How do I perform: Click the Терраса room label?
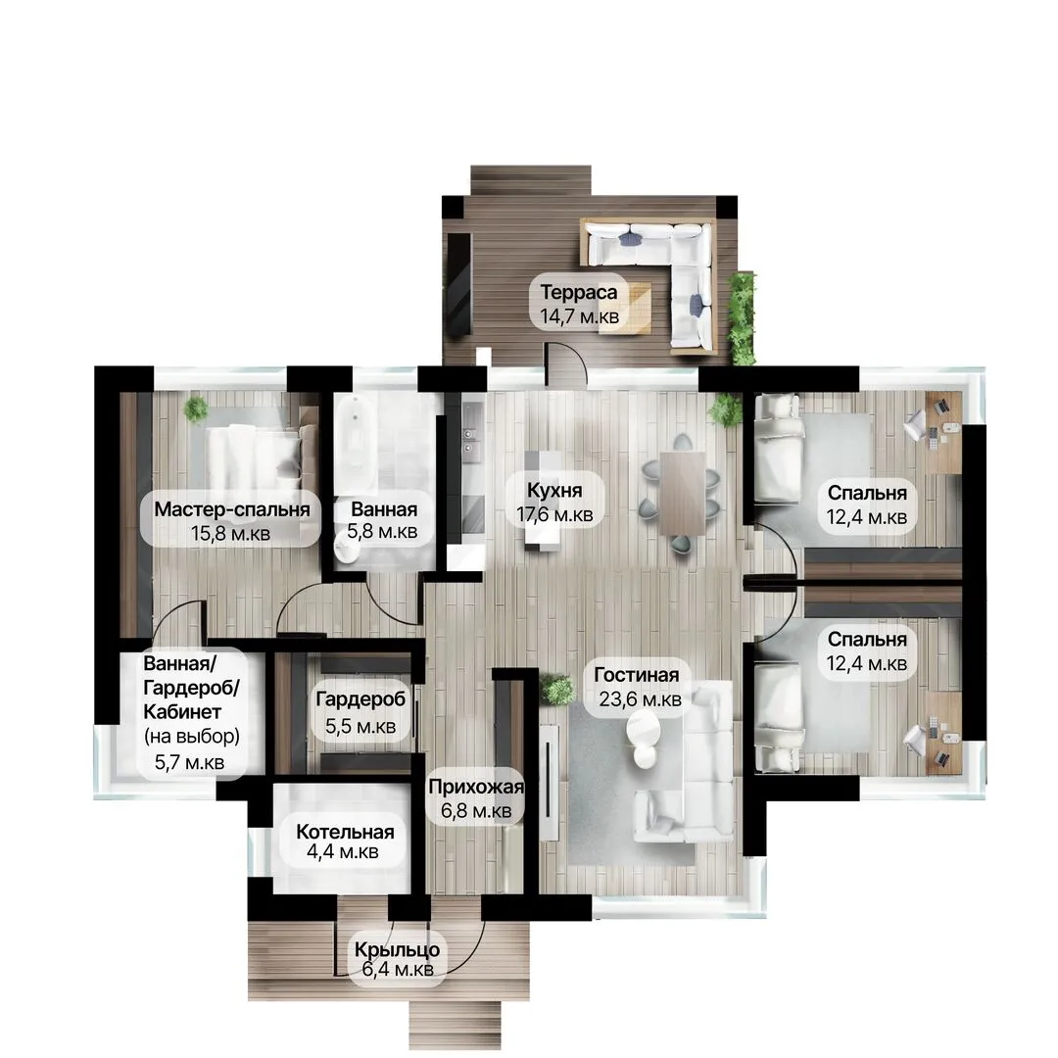(x=578, y=292)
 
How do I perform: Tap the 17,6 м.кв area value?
(x=554, y=515)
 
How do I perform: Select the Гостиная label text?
(x=637, y=675)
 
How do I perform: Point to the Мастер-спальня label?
(x=231, y=509)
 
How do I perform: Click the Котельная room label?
(x=345, y=832)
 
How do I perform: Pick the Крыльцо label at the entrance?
(x=398, y=949)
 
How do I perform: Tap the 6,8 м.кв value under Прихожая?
(x=476, y=810)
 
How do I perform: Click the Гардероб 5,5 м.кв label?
(x=361, y=712)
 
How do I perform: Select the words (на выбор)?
(x=192, y=736)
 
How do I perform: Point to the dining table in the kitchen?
(x=682, y=493)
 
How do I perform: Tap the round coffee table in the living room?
(x=643, y=731)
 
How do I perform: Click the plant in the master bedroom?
(x=196, y=409)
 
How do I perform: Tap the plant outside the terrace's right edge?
(x=743, y=317)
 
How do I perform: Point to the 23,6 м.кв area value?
(x=640, y=699)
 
